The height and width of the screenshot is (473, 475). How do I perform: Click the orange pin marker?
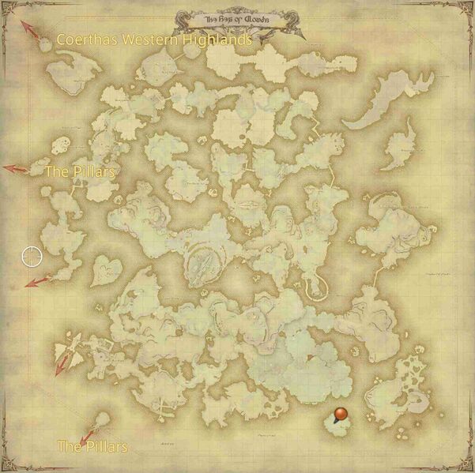pyautogui.click(x=341, y=415)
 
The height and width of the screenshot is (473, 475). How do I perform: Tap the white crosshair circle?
pyautogui.click(x=31, y=256)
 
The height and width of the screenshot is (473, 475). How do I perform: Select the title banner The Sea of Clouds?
pyautogui.click(x=237, y=17)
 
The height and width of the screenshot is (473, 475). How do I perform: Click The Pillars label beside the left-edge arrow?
pyautogui.click(x=81, y=171)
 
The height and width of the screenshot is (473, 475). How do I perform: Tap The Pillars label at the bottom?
pyautogui.click(x=92, y=447)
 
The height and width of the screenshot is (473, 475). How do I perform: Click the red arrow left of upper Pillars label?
pyautogui.click(x=16, y=168)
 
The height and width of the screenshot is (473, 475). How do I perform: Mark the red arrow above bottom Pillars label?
pyautogui.click(x=89, y=430)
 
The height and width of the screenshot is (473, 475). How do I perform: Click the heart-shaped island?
pyautogui.click(x=105, y=271)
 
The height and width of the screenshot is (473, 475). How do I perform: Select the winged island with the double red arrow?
pyautogui.click(x=73, y=352)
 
